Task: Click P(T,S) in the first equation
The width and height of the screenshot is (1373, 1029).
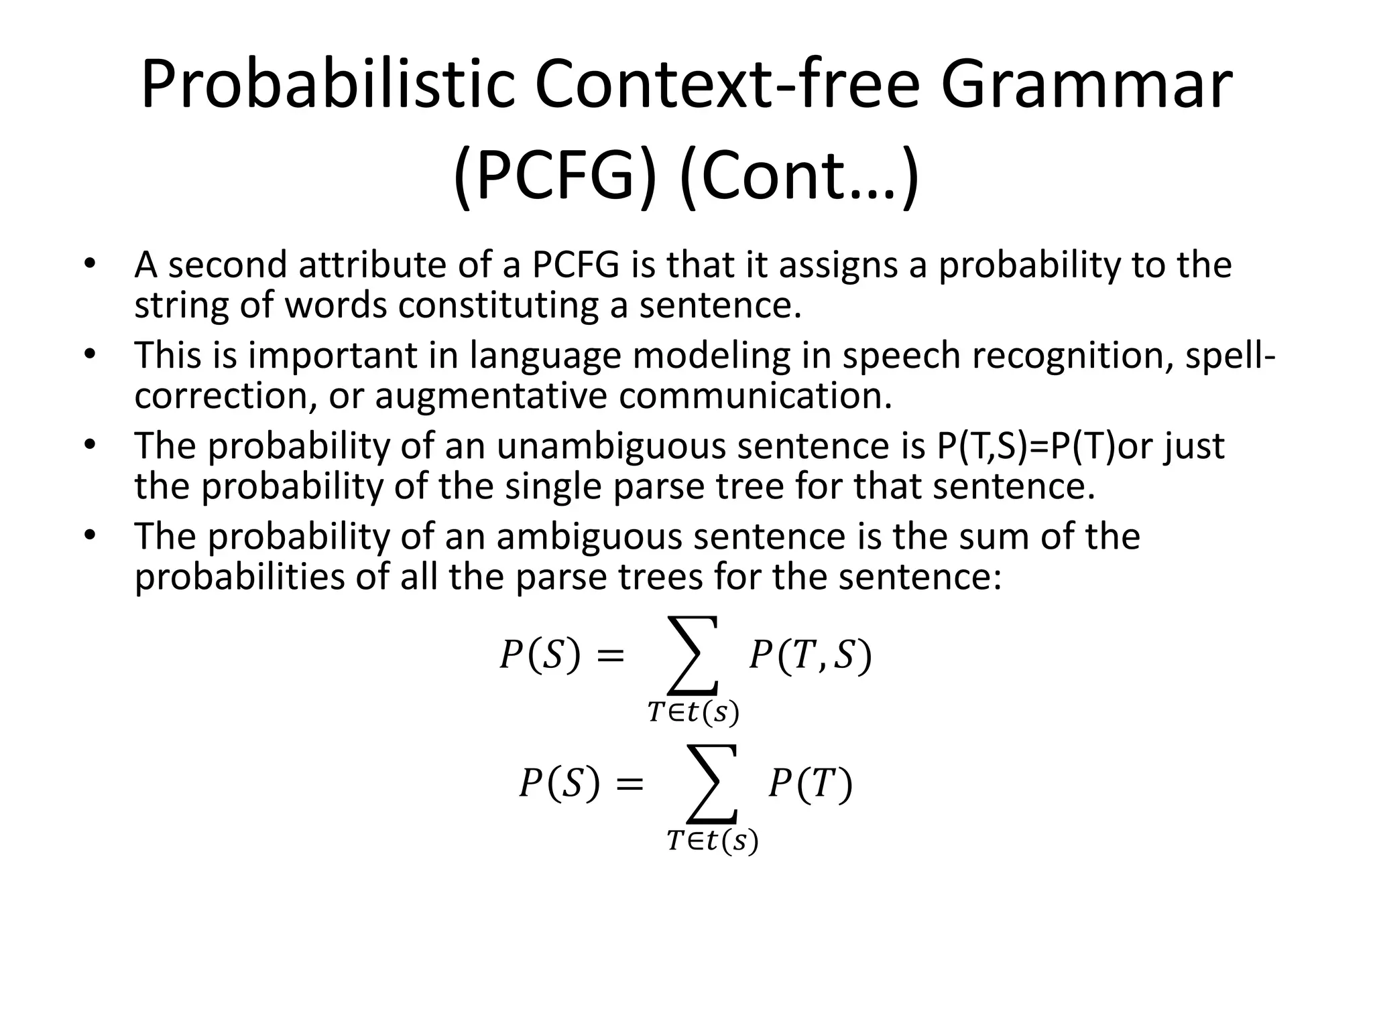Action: pyautogui.click(x=810, y=655)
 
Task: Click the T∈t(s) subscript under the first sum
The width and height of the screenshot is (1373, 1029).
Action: pyautogui.click(x=693, y=713)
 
